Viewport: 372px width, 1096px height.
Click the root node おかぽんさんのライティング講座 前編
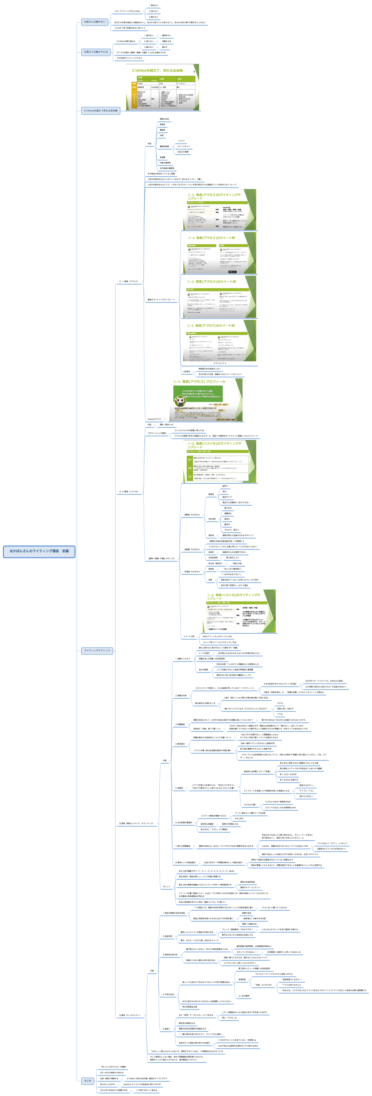point(39,551)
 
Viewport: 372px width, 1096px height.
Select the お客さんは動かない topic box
point(95,22)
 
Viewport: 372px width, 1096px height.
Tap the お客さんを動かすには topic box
point(96,52)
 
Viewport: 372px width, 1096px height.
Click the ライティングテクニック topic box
point(97,651)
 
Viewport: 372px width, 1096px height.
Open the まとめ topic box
point(88,1080)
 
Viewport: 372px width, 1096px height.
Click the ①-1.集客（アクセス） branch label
point(128,281)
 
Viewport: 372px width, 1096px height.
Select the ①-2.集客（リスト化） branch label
point(128,491)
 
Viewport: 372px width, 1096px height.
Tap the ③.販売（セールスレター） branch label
point(130,1015)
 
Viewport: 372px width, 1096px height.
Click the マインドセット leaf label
point(184,146)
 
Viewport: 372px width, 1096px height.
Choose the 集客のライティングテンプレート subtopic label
point(161,300)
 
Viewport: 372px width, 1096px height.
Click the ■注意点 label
point(187,371)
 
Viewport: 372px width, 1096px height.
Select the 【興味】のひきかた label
point(192,515)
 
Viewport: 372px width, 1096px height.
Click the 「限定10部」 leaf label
point(237,563)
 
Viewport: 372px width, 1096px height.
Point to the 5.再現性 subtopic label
point(179,788)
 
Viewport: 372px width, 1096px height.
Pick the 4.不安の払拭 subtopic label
point(168,994)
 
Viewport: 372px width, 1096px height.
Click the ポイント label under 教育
point(166,886)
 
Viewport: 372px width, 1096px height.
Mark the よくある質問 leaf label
point(244,996)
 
